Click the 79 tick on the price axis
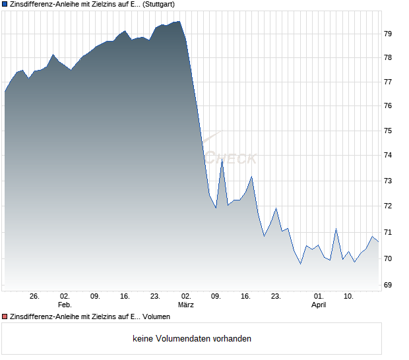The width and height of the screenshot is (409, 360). click(388, 34)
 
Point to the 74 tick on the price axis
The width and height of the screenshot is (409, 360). click(388, 156)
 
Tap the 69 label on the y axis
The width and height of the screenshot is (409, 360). click(388, 285)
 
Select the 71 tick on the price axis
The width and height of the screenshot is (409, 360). click(388, 233)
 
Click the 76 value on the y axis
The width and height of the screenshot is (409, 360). click(388, 106)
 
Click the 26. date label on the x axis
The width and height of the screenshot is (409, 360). click(35, 296)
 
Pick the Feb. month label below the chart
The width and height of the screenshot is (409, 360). click(64, 305)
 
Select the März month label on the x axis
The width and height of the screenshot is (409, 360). click(185, 305)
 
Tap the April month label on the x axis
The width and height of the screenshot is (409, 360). click(319, 305)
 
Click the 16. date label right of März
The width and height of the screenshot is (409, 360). click(246, 296)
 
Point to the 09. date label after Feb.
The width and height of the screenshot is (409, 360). click(95, 296)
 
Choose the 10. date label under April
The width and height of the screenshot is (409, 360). click(349, 296)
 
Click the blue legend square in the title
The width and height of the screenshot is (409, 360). click(5, 5)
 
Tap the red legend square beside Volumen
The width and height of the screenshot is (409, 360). click(5, 317)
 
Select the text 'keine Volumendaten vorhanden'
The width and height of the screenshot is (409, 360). click(192, 339)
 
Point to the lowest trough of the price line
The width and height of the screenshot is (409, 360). click(301, 264)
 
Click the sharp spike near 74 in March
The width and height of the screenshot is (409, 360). click(222, 160)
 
